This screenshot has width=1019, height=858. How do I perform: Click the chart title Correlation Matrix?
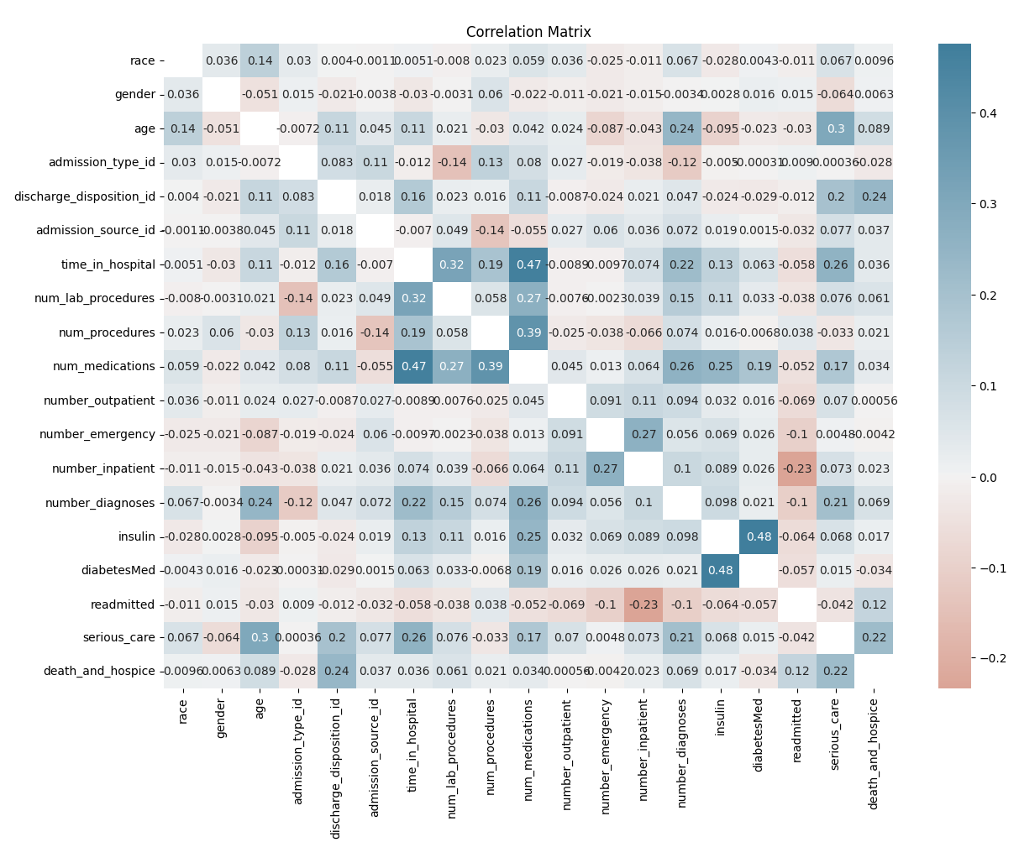pyautogui.click(x=528, y=32)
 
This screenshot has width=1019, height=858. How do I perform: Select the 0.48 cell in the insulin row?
pyautogui.click(x=759, y=536)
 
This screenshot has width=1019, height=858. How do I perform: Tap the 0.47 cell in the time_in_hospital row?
pyautogui.click(x=528, y=264)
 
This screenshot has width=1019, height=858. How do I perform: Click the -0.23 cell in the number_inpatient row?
pyautogui.click(x=797, y=468)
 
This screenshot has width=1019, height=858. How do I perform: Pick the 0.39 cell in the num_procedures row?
pyautogui.click(x=528, y=332)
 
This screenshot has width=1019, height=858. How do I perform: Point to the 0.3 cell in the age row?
pyautogui.click(x=835, y=128)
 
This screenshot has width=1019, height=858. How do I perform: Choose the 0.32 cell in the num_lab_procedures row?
pyautogui.click(x=413, y=298)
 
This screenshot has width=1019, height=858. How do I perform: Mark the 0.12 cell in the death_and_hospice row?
pyautogui.click(x=797, y=672)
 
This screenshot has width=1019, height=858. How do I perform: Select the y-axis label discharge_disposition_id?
pyautogui.click(x=85, y=196)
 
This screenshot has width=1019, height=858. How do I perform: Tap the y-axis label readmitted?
pyautogui.click(x=123, y=604)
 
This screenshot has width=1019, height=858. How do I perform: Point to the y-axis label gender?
pyautogui.click(x=136, y=94)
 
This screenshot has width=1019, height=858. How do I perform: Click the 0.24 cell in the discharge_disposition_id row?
pyautogui.click(x=874, y=196)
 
